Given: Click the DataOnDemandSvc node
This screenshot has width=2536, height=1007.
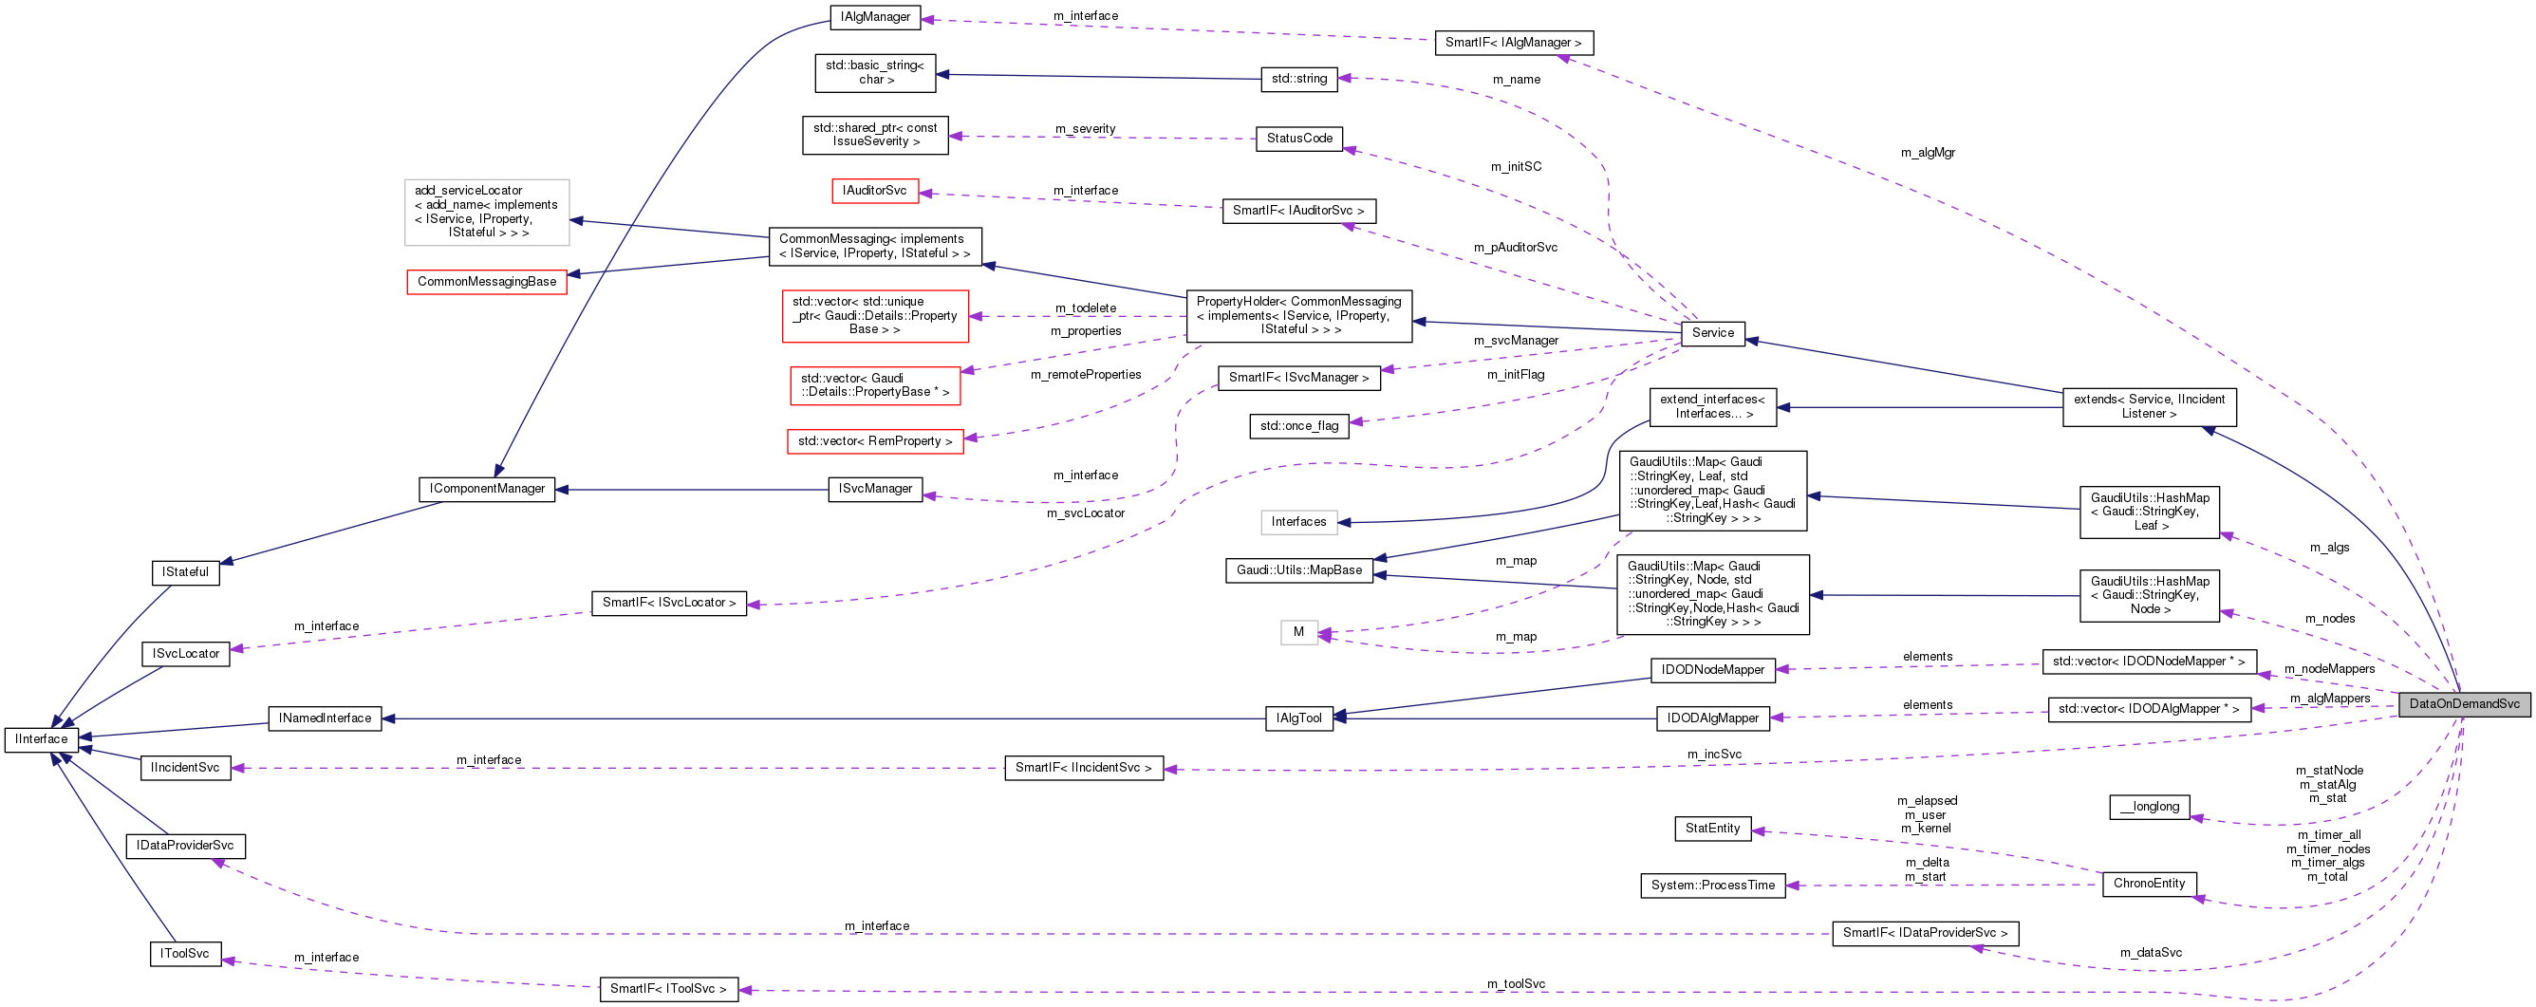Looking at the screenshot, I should [x=2463, y=704].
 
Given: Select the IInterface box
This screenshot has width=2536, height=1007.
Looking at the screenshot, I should [x=42, y=739].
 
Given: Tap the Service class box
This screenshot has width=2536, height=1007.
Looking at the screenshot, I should [x=1712, y=333].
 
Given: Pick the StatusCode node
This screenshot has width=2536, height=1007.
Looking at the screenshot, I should [x=1298, y=139].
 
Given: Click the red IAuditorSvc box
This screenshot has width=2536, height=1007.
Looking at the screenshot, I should [x=874, y=191].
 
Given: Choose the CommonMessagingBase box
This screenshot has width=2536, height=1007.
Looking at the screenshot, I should [x=486, y=282].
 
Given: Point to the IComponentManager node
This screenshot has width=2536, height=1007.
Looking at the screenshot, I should [x=486, y=489].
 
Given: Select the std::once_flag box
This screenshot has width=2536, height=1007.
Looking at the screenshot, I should [x=1298, y=426].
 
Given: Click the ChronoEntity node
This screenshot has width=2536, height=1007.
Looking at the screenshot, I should [x=2148, y=884].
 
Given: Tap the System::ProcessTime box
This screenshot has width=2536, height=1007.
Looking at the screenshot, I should [x=1712, y=886].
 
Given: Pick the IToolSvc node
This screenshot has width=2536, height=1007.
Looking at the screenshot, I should [x=185, y=954].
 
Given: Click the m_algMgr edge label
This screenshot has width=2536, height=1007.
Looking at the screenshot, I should [x=1928, y=153].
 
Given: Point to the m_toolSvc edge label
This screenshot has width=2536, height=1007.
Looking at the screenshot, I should [x=1515, y=984].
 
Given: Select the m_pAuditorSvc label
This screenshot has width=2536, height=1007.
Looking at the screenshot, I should [x=1515, y=248].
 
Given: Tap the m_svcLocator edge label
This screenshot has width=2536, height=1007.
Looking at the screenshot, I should [x=1085, y=513].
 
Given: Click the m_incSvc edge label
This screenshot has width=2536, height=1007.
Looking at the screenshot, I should [x=1714, y=755].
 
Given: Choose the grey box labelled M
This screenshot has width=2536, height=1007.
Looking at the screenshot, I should [x=1297, y=633].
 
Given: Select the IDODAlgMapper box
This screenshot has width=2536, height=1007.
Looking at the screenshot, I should [x=1712, y=718].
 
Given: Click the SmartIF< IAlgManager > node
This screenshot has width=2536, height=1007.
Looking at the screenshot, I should [x=1513, y=44].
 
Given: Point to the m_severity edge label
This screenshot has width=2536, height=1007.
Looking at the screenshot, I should [x=1085, y=129].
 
